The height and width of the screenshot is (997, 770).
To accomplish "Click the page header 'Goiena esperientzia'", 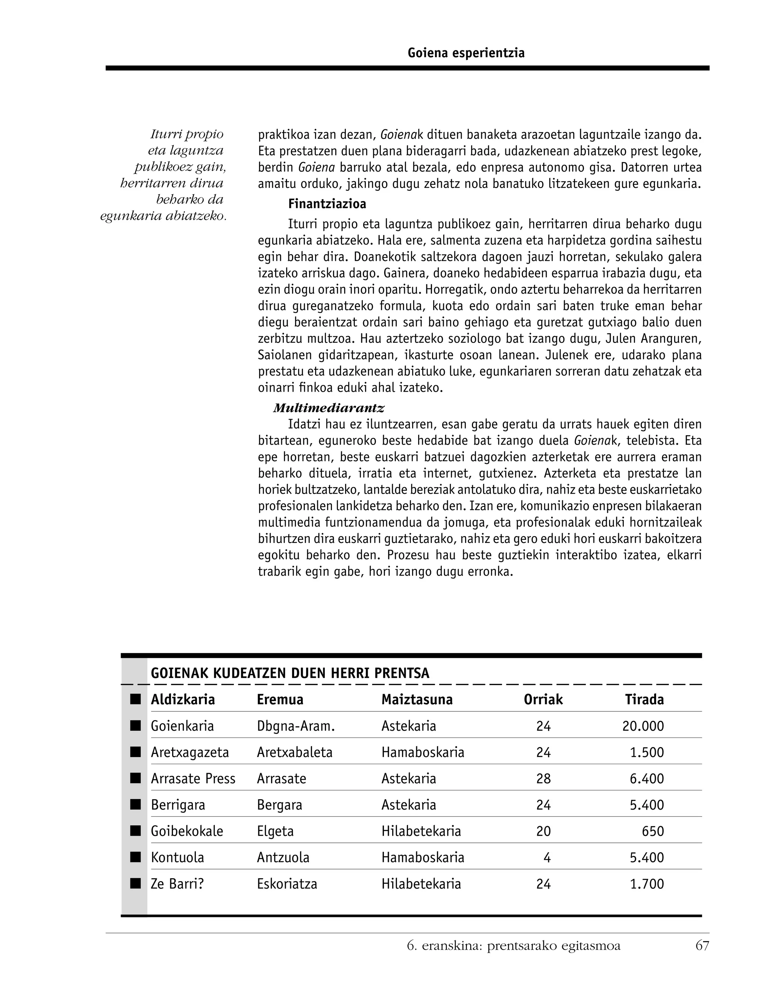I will pyautogui.click(x=466, y=53).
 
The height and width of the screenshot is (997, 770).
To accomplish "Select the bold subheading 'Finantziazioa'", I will pyautogui.click(x=327, y=204).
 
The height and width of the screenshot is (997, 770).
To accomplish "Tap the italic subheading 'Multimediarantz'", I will pyautogui.click(x=329, y=408).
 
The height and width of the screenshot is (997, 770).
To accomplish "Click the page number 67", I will pyautogui.click(x=702, y=945).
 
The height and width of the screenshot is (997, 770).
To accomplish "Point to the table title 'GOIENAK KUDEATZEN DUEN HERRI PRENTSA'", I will pyautogui.click(x=290, y=673).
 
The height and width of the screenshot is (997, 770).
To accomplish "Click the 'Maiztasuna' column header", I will pyautogui.click(x=417, y=700).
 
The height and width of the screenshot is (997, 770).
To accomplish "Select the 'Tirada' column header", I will pyautogui.click(x=644, y=700).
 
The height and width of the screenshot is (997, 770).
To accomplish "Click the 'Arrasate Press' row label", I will pyautogui.click(x=193, y=779).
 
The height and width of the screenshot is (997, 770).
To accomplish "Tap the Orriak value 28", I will pyautogui.click(x=543, y=779).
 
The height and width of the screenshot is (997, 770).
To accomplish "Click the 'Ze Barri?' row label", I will pyautogui.click(x=177, y=884).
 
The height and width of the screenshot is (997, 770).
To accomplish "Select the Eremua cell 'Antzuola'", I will pyautogui.click(x=283, y=858).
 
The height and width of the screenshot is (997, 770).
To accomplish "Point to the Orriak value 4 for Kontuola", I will pyautogui.click(x=547, y=858).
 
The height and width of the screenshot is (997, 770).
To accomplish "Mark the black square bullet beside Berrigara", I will pyautogui.click(x=135, y=805).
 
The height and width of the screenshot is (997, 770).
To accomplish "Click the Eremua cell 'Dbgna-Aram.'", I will pyautogui.click(x=296, y=726).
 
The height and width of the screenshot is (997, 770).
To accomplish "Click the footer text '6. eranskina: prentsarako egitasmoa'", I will pyautogui.click(x=514, y=945).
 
